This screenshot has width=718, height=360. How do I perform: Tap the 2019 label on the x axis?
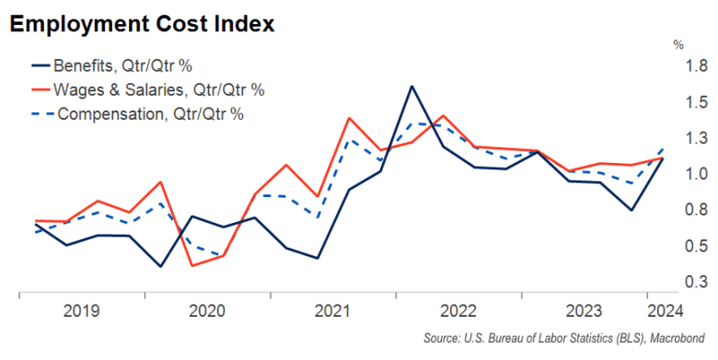81,310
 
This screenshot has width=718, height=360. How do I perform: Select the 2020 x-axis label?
207,310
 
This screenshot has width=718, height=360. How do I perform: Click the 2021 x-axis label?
332,310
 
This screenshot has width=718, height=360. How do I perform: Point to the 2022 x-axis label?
457,310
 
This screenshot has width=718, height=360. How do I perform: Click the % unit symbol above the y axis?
678,43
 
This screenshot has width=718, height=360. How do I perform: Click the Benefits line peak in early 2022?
411,87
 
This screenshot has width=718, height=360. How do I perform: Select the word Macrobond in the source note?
679,338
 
